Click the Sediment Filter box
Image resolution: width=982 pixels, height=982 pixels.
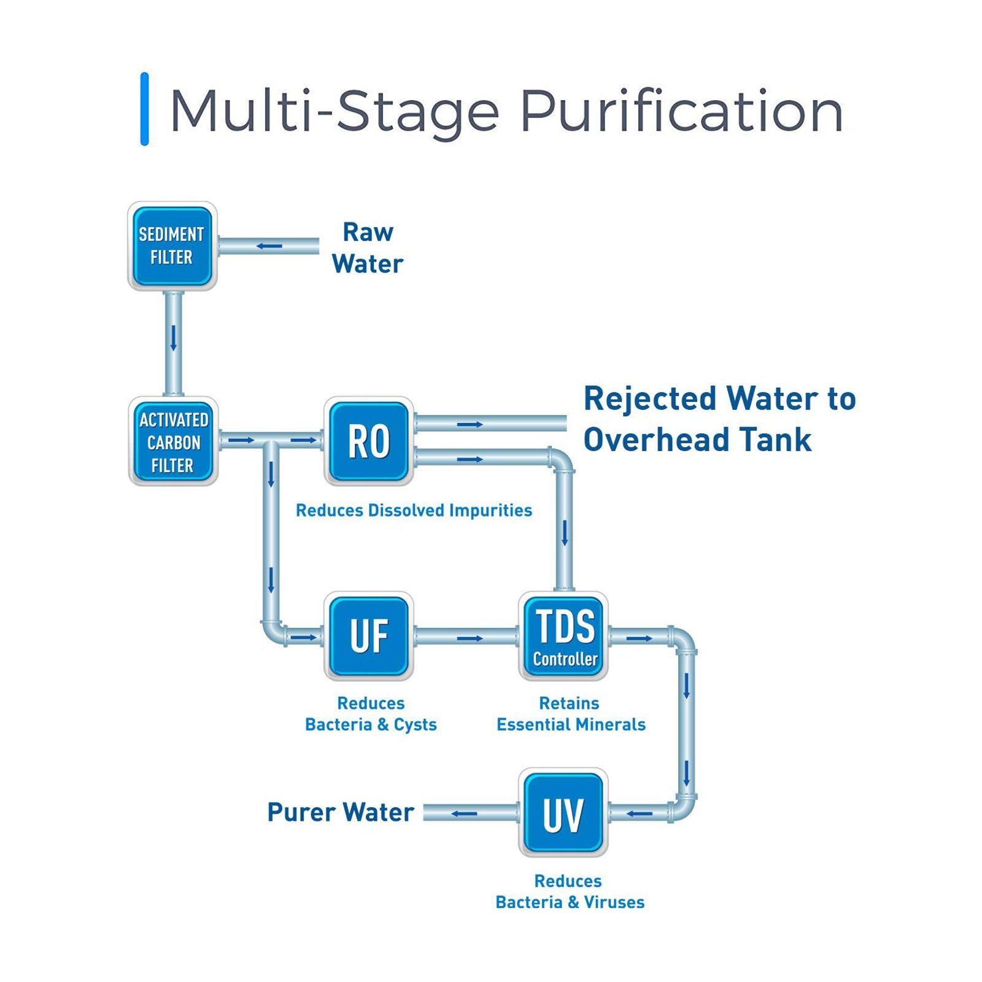[x=172, y=245]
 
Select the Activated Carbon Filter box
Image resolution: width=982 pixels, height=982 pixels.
[x=174, y=441]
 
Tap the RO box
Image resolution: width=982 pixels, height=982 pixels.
[x=369, y=441]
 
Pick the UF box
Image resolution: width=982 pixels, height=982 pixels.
[x=369, y=636]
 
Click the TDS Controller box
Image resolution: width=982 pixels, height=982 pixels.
[x=563, y=636]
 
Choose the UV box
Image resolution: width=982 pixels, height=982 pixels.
[x=563, y=813]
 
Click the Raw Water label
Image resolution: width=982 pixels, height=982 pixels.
[x=367, y=248]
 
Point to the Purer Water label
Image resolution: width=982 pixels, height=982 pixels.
[x=341, y=812]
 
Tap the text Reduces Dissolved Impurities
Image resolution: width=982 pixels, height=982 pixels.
[x=414, y=510]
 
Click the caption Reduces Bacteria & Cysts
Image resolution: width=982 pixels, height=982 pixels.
[x=371, y=714]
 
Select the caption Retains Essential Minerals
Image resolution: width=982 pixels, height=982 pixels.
[x=571, y=714]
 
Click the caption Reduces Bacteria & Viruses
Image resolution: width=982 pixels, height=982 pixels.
[x=570, y=891]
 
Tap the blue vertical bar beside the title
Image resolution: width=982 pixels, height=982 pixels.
[x=144, y=109]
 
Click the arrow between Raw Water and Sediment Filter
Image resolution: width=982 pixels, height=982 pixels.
[x=269, y=246]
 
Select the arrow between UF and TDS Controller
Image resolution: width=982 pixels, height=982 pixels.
[x=470, y=638]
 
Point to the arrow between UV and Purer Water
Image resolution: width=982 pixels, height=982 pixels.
[x=463, y=814]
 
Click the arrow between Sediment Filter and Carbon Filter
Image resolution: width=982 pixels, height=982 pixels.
[x=173, y=338]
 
